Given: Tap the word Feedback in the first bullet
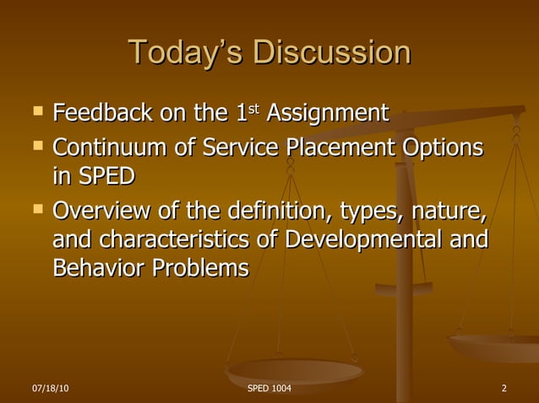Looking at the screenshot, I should (106, 113).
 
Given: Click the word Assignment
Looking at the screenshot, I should (328, 113).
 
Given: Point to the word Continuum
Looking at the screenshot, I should (112, 148).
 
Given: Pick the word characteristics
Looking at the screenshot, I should (177, 239).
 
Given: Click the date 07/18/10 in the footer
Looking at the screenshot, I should (51, 388).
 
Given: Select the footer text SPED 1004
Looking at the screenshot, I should (269, 388).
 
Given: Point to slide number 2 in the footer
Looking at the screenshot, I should (504, 388).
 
